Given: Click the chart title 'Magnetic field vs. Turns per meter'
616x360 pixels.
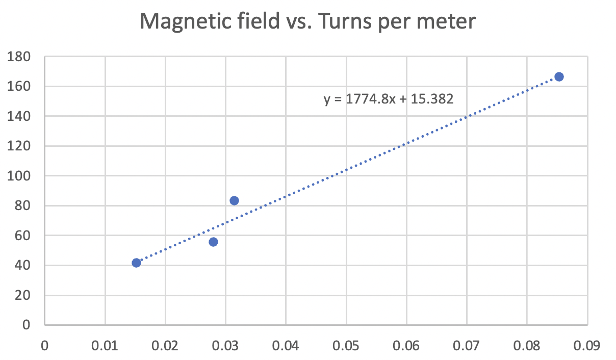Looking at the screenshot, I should [x=308, y=22].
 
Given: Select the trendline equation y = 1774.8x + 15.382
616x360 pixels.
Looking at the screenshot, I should [x=389, y=99].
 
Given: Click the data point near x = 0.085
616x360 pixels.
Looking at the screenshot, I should [x=559, y=76].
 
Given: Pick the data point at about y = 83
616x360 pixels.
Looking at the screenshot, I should [x=234, y=200].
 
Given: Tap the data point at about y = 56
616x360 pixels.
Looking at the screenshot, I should [x=213, y=242].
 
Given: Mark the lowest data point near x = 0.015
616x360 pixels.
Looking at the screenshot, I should [x=136, y=263].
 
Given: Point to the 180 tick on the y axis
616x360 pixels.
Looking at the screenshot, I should [x=20, y=57].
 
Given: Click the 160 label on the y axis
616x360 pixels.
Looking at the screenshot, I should [x=20, y=87].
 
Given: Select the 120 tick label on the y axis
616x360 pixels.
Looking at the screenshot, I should [x=20, y=146].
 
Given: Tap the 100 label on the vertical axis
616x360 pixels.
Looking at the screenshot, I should [x=20, y=176].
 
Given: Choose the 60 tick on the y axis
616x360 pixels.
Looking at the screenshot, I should [x=23, y=236].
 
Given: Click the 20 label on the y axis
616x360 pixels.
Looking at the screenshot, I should [x=23, y=295].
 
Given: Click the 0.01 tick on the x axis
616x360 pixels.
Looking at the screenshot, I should [x=105, y=345].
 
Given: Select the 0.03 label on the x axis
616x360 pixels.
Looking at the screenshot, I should [x=225, y=345].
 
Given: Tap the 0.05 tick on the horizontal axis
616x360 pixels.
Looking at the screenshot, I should [x=346, y=345].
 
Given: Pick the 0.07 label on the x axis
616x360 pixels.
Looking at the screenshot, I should [x=467, y=345].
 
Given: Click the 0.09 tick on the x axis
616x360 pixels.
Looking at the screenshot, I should [x=587, y=345].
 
